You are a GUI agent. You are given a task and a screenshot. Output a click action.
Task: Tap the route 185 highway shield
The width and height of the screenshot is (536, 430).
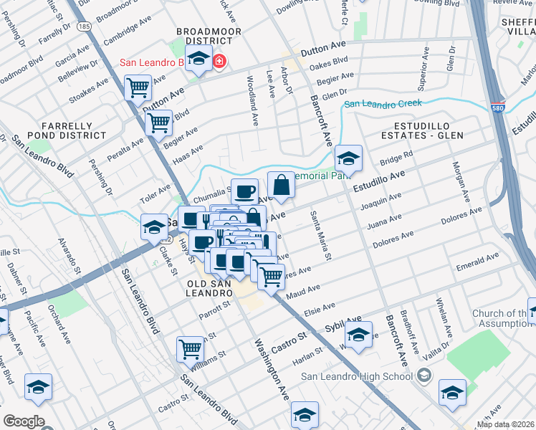click(x=85, y=27)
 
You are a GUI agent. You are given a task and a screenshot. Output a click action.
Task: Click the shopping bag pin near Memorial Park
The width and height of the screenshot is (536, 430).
click(x=282, y=185)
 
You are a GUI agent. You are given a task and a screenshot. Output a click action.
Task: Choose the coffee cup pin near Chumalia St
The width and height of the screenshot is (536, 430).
click(x=245, y=191)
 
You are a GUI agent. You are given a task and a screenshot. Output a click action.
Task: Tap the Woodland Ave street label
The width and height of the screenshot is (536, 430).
click(x=252, y=101)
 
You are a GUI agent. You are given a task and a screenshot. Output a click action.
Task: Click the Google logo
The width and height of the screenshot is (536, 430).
click(x=23, y=421)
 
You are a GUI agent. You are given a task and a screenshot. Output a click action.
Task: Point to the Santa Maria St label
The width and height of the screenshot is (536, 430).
click(x=319, y=235)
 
